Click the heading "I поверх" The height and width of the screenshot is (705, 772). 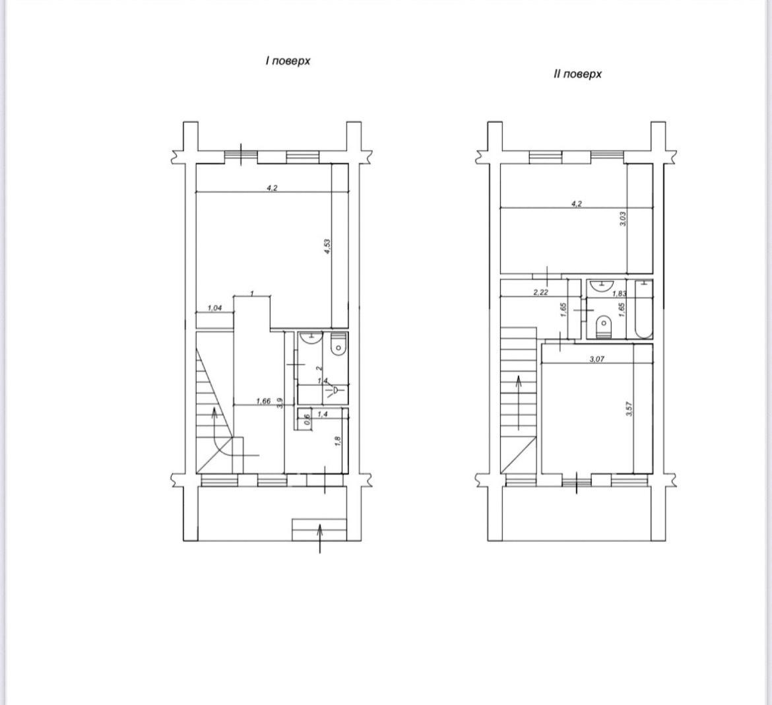coord(288,61)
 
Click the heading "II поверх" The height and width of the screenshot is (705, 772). coord(577,74)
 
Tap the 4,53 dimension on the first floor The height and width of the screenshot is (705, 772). coord(327,246)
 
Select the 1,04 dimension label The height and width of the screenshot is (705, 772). coord(214,308)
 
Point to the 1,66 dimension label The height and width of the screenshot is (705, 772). coord(263,401)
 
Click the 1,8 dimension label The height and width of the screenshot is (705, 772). coord(338,441)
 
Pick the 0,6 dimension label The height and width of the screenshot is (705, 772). coord(307,419)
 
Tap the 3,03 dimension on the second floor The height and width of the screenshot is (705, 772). coord(623,218)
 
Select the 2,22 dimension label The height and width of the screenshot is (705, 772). coord(540,292)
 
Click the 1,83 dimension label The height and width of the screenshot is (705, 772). coord(619,294)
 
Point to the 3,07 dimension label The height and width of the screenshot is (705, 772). coord(596,359)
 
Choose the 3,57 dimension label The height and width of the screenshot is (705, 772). coord(629,409)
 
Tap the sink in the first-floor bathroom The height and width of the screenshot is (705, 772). coord(310,337)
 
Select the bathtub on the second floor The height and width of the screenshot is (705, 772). coord(643,310)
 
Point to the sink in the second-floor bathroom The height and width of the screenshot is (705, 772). coord(600,285)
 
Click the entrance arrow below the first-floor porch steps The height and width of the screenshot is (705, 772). coord(320,539)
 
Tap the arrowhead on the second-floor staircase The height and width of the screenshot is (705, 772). coord(519,382)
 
